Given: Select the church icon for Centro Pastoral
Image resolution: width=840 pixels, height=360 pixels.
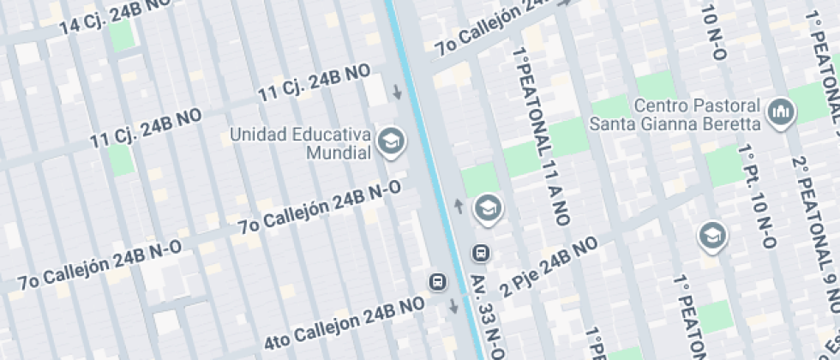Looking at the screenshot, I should [x=781, y=112].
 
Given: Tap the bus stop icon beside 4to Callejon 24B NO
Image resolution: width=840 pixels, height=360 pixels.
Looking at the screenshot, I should [x=438, y=281].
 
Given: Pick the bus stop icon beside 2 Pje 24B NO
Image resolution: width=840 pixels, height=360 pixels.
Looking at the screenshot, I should [x=482, y=253].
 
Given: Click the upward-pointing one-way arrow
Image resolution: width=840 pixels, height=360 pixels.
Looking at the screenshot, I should [x=458, y=206].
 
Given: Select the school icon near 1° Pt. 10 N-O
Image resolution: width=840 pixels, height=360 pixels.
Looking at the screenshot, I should [x=711, y=234].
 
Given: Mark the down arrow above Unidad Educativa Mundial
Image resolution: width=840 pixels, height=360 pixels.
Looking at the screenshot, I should [x=396, y=92].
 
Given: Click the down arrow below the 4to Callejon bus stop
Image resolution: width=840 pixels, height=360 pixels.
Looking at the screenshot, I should [x=453, y=306].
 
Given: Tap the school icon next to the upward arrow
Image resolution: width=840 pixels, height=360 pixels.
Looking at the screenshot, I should [x=489, y=207].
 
